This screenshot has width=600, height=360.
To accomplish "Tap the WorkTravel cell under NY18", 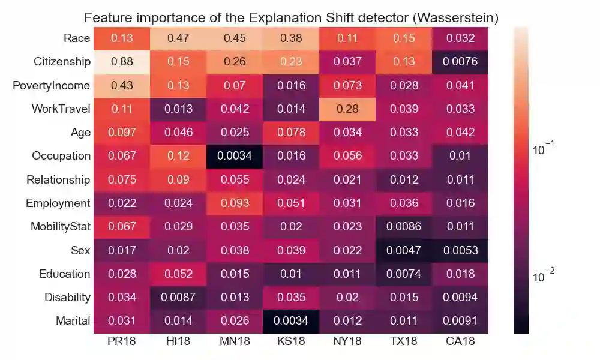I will [347, 109].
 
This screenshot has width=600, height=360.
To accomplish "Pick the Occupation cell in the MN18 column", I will [234, 156].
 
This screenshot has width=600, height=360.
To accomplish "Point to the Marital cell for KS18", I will [290, 321].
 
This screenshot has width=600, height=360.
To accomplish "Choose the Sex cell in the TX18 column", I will [403, 250].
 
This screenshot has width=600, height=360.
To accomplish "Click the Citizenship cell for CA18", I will [460, 62].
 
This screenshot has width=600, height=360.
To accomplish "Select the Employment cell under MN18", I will [234, 203].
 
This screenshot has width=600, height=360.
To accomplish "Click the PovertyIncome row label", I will [51, 85].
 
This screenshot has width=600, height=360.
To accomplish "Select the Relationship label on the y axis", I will [58, 179].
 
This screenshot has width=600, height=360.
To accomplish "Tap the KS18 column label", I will [290, 342].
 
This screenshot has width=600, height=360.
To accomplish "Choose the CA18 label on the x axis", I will [460, 342].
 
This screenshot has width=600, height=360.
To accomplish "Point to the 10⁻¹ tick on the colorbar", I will [545, 150].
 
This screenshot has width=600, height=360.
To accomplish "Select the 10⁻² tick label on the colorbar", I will [545, 277].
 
